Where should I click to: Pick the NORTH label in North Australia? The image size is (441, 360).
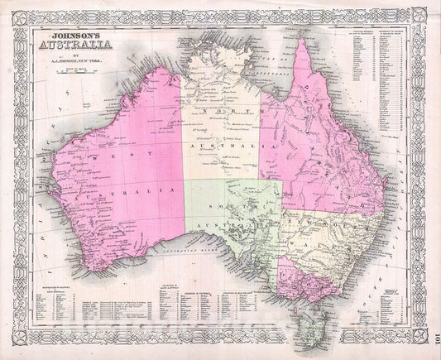click(x=217, y=117)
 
